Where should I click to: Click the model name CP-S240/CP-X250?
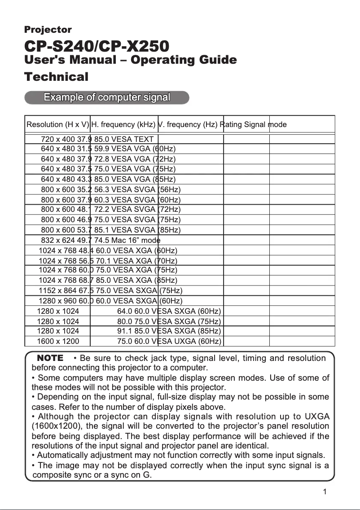point(97,46)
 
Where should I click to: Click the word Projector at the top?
point(48,30)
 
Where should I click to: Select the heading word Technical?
point(56,76)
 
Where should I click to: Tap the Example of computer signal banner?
point(106,97)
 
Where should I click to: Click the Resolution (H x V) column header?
point(58,124)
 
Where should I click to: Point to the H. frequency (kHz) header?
point(123,124)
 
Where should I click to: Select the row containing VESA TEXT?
point(97,140)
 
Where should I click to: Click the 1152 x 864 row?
point(110,290)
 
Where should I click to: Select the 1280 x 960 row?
point(110,301)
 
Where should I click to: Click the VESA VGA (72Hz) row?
point(108,159)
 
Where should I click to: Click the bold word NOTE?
point(50,358)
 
